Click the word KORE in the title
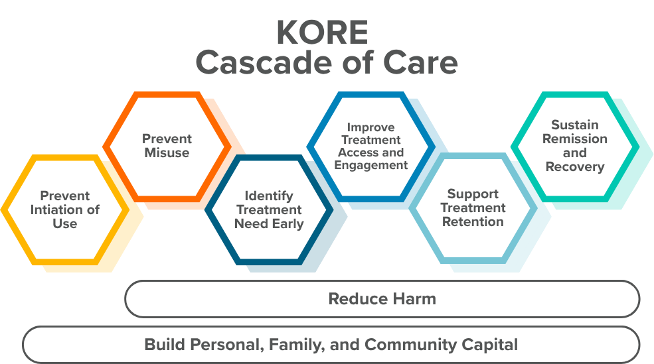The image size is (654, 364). tap(322, 32)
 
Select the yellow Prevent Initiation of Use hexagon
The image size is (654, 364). tap(64, 210)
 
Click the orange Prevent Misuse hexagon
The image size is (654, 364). tap(167, 146)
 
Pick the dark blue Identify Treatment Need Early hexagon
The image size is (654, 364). tap(268, 210)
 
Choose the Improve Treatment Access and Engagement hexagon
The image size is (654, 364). tap(370, 146)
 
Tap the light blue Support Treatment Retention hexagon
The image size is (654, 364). tap(472, 208)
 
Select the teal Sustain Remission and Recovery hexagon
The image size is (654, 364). tap(574, 146)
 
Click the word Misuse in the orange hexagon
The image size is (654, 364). tap(167, 153)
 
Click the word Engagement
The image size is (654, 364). tap(371, 165)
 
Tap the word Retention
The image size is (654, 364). tap(473, 221)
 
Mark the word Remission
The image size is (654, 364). tap(575, 139)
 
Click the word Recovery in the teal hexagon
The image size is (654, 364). tap(575, 166)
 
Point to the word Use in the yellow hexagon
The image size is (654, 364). tap(65, 224)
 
